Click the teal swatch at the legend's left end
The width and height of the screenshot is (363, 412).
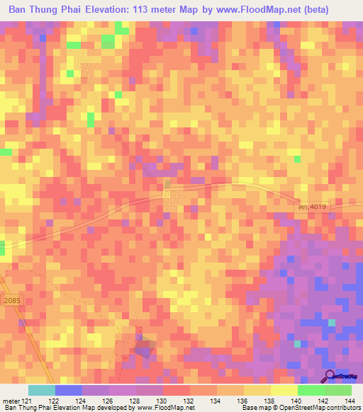42,390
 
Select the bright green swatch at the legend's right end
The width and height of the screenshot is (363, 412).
338,390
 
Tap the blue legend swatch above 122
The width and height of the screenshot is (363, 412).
69,390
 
